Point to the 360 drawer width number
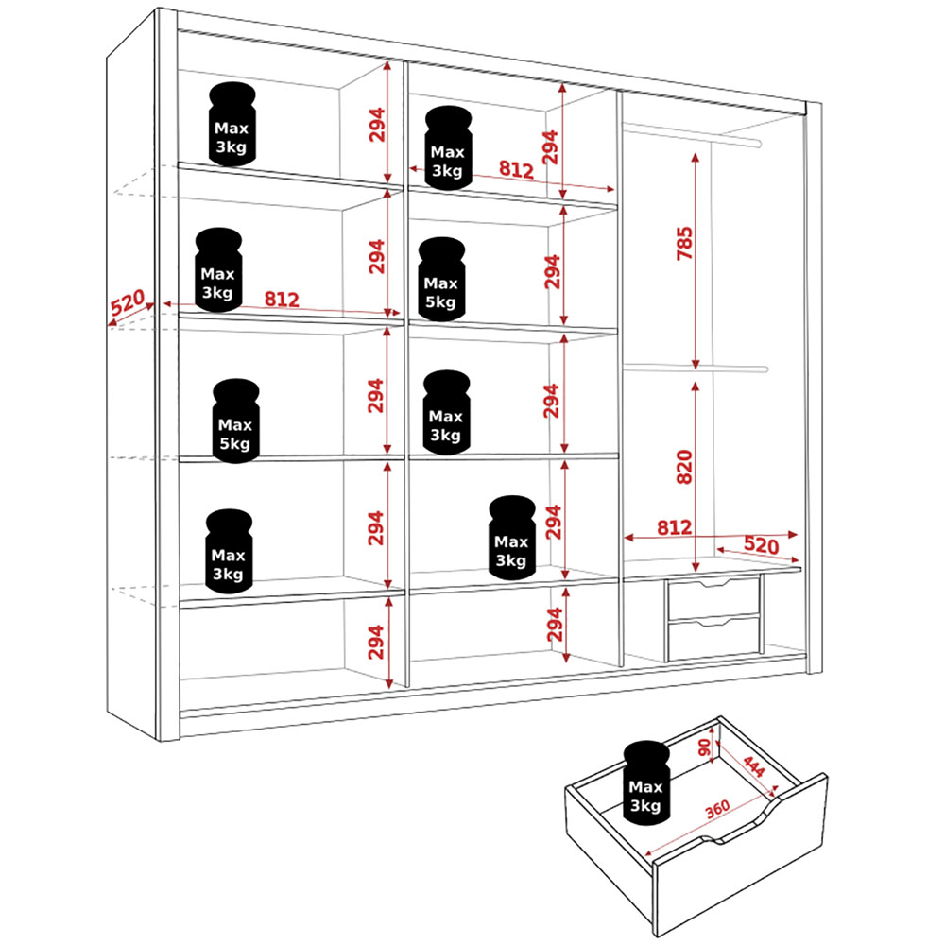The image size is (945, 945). click(x=716, y=812)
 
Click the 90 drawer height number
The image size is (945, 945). click(x=705, y=746)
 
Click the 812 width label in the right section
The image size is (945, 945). click(x=674, y=527)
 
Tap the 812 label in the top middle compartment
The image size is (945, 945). click(x=516, y=170)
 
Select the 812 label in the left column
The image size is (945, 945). click(x=281, y=300)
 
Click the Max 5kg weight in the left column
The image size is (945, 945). click(x=235, y=421)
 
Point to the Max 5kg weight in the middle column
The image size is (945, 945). click(x=441, y=280)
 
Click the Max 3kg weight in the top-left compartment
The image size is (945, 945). click(x=232, y=125)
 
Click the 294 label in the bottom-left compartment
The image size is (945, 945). click(x=375, y=643)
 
